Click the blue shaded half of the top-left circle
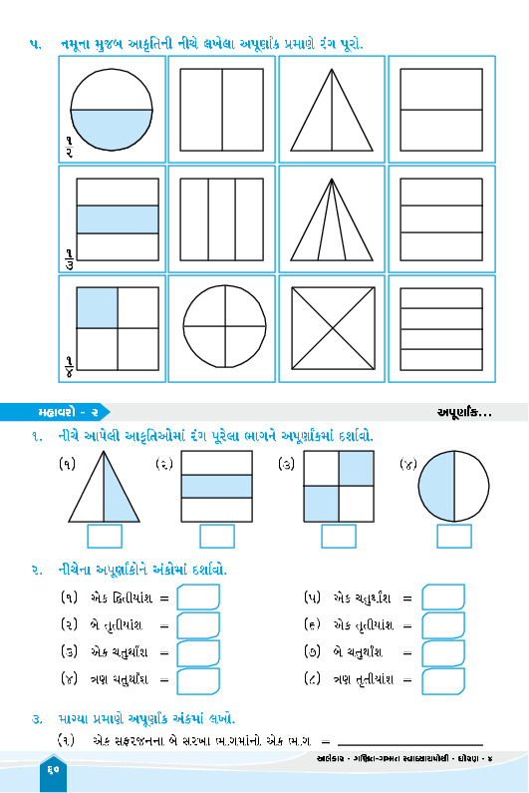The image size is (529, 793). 112,128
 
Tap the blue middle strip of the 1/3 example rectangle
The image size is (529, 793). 118,219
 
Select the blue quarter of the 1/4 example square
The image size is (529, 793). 97,308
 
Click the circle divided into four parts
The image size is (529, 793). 224,326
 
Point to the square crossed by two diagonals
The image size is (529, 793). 333,328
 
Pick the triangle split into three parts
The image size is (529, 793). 332,219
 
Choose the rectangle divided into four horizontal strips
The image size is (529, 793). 441,329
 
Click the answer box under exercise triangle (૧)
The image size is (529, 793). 105,536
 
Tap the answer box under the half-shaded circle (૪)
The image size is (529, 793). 453,536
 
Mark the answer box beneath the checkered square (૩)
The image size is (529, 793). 339,536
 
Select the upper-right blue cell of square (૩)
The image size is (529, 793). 357,468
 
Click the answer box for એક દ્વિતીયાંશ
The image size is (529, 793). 198,597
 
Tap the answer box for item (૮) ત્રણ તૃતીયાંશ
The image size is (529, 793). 443,680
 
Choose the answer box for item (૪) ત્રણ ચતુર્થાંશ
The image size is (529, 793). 198,680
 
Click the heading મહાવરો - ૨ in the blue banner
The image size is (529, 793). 68,412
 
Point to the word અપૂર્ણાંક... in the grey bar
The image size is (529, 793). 464,413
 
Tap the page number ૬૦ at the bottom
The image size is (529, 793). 54,770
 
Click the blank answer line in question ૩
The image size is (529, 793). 409,744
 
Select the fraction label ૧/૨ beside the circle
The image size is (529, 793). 69,147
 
